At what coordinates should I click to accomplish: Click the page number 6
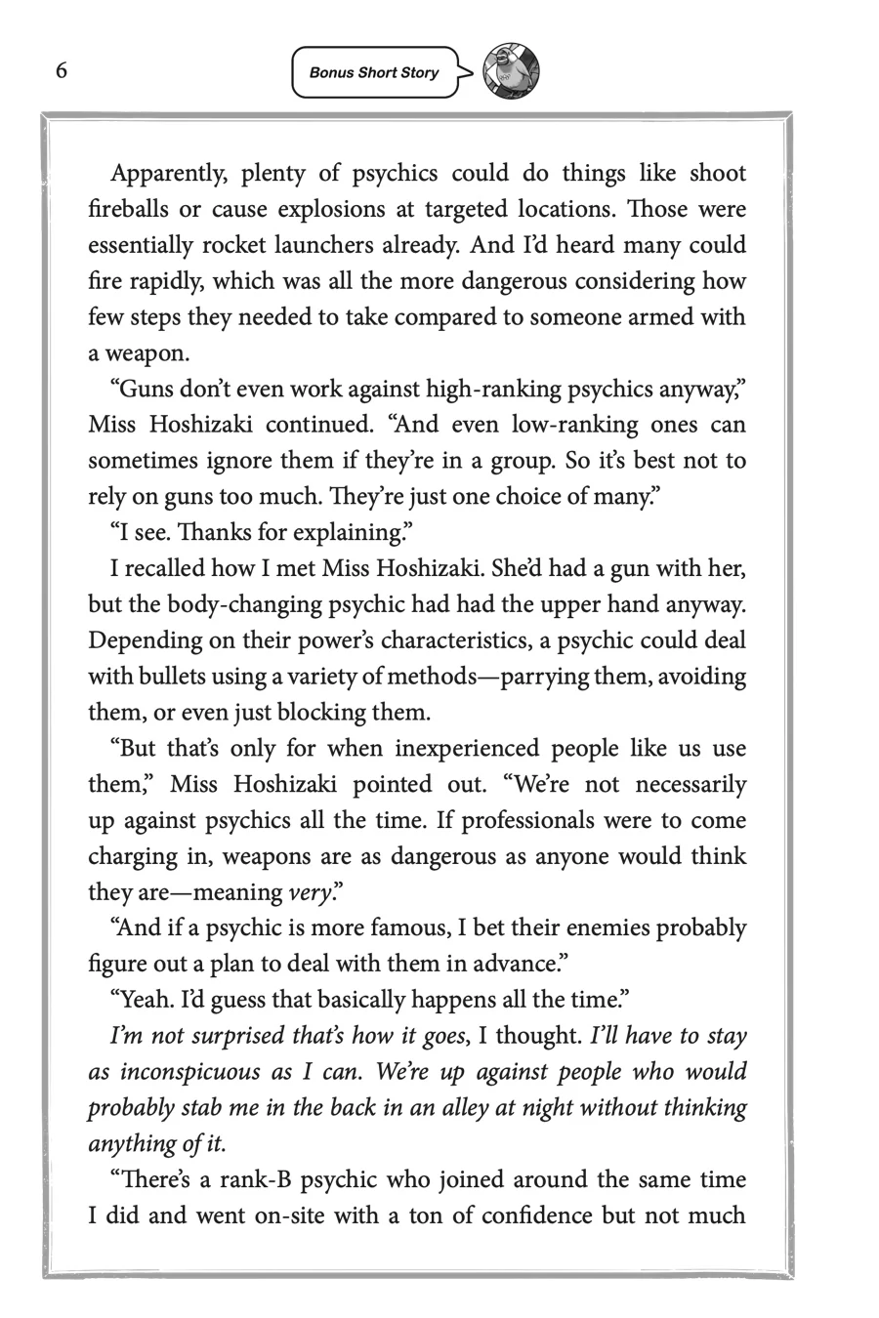click(x=62, y=71)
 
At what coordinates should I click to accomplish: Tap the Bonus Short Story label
click(x=374, y=73)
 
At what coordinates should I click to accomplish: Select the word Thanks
click(x=198, y=533)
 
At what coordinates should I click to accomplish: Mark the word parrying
click(x=539, y=677)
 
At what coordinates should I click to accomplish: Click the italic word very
click(x=306, y=893)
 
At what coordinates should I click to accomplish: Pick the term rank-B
click(x=247, y=1180)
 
